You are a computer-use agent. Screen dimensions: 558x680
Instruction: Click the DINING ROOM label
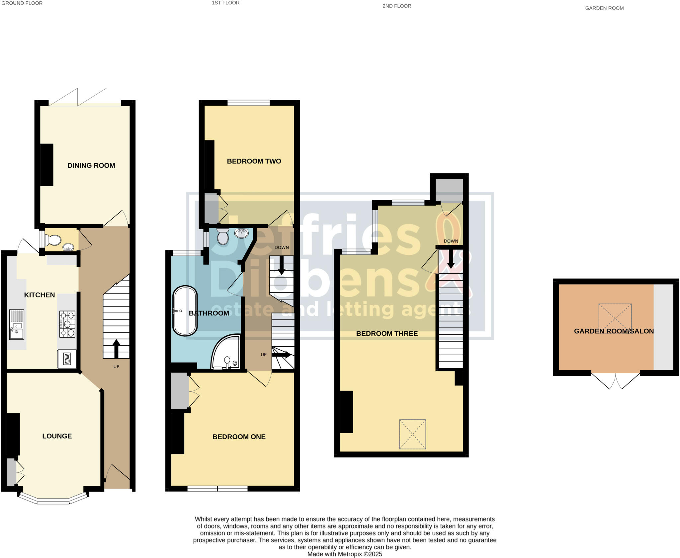91,166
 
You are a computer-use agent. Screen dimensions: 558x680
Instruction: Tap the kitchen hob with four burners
67,324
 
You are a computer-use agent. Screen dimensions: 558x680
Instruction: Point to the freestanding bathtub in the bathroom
185,311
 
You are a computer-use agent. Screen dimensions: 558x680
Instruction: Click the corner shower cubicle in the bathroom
226,353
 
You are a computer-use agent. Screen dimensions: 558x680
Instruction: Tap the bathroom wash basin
241,233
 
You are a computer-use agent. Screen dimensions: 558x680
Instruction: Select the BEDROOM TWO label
254,161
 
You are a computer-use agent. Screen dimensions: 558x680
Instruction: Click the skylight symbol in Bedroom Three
412,434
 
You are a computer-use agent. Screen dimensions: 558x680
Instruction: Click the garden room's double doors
615,381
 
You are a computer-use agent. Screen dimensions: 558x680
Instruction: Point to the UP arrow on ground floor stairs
116,348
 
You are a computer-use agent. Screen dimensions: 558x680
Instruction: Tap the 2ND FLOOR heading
396,6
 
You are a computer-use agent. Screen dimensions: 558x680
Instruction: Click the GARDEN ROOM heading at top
604,8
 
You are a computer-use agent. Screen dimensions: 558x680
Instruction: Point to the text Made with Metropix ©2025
345,554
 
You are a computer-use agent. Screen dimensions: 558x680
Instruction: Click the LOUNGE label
57,436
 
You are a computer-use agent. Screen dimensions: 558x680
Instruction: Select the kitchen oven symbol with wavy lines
67,359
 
